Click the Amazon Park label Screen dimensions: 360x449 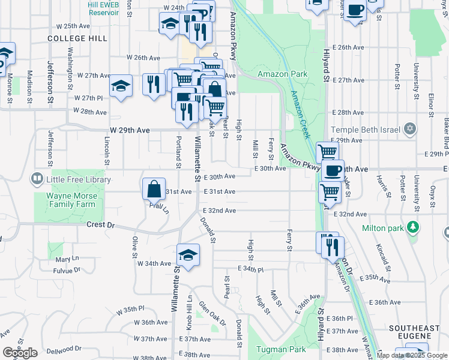282,74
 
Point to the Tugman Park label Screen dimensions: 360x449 282,349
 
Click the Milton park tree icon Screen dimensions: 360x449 412,227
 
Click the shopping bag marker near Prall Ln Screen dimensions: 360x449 154,188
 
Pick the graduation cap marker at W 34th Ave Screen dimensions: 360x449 188,255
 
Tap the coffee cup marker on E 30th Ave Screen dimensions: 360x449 332,170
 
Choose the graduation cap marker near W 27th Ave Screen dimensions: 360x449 121,85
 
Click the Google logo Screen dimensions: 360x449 20,353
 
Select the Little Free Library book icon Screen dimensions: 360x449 37,179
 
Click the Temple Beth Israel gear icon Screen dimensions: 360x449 411,128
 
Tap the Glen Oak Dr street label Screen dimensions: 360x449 213,314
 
